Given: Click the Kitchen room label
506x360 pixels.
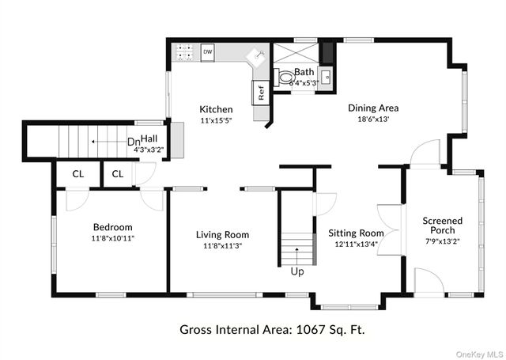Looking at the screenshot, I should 215,109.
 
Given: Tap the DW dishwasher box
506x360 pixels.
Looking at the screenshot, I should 208,52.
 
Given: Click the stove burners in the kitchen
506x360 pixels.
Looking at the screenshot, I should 184,53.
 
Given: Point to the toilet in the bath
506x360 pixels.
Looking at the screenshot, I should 284,77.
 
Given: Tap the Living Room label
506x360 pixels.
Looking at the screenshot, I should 222,234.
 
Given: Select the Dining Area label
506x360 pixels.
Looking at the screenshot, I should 373,108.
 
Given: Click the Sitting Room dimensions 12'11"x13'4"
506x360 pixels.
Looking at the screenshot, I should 356,244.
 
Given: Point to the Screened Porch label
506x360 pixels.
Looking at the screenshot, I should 443,226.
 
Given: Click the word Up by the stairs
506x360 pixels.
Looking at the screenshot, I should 297,271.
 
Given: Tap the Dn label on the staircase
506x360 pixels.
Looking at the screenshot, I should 134,142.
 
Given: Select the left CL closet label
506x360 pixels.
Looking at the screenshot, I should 78,173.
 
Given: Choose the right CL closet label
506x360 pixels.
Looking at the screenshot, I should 117,173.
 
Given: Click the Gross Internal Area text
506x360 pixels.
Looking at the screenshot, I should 272,328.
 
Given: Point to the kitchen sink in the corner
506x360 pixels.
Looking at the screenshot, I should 256,57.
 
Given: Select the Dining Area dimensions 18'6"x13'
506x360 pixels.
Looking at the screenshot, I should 373,119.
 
